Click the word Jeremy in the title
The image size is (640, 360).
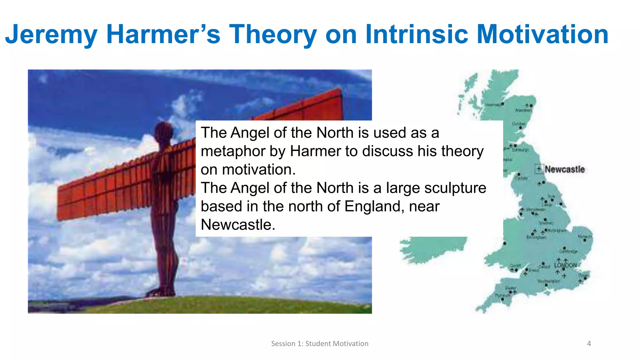[52, 34]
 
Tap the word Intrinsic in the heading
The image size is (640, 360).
[417, 34]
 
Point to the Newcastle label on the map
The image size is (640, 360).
[565, 169]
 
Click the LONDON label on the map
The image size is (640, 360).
[566, 265]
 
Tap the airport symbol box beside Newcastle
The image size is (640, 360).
[539, 169]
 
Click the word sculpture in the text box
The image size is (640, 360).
[455, 188]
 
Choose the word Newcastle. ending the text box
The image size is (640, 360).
[238, 225]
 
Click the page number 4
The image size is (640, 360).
[589, 344]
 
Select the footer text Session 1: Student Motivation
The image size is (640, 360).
[320, 344]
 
